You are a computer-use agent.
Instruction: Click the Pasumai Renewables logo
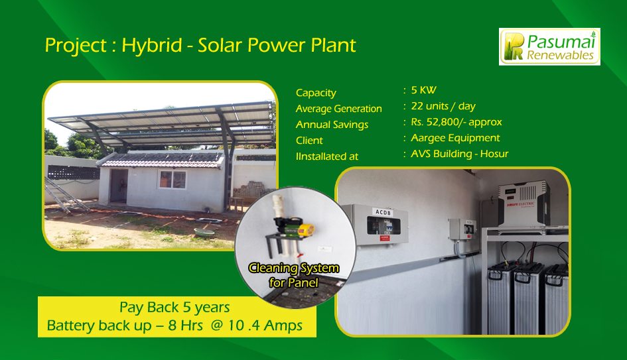click(549, 46)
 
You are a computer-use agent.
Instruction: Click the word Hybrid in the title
click(152, 46)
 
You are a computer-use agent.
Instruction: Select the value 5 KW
click(423, 90)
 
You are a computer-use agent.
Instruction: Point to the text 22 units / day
click(443, 106)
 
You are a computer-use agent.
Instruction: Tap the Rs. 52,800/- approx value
click(456, 122)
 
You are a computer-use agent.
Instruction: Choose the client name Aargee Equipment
click(455, 139)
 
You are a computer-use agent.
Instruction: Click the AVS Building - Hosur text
click(459, 154)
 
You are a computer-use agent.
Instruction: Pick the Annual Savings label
click(332, 125)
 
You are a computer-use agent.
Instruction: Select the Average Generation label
click(338, 109)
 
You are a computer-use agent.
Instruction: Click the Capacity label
click(316, 93)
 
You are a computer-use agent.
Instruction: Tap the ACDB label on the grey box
click(383, 212)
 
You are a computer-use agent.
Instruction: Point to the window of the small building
click(173, 180)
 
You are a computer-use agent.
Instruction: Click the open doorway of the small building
click(119, 186)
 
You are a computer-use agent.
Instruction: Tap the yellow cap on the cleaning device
click(307, 230)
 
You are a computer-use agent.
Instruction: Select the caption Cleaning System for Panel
click(293, 275)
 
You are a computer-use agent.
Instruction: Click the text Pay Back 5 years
click(174, 307)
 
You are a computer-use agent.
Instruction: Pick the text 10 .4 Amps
click(265, 326)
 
